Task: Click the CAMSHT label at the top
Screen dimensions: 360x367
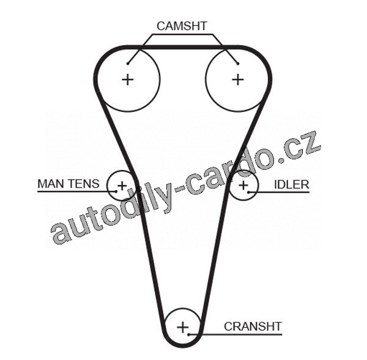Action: click(182, 26)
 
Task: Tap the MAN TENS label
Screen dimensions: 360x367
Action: click(67, 183)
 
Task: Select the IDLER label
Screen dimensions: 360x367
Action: click(291, 184)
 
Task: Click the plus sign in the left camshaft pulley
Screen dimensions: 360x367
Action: click(127, 79)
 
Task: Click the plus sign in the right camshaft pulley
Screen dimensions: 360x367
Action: click(237, 79)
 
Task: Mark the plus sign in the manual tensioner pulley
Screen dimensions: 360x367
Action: click(122, 185)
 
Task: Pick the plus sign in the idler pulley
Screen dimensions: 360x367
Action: click(243, 185)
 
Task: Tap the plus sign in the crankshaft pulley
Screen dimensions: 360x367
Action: click(182, 327)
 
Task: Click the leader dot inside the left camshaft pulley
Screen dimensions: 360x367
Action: click(128, 62)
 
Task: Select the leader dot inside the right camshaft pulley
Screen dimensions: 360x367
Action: click(237, 62)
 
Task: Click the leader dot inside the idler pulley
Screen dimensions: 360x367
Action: click(249, 192)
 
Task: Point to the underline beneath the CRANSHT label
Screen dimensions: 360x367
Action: click(245, 334)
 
